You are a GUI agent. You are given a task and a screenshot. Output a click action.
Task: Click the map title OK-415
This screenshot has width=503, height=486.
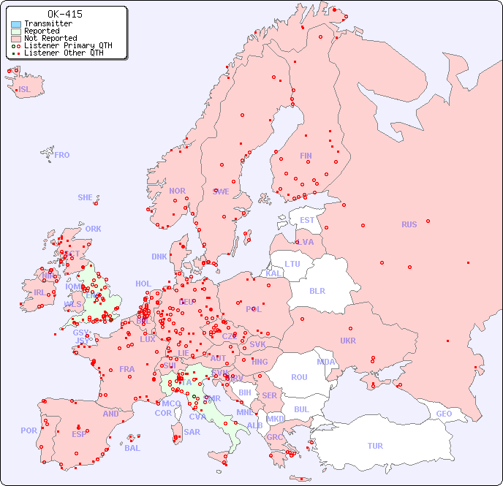[x=64, y=14]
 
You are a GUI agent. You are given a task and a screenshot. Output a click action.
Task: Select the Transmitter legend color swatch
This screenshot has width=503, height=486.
[x=16, y=24]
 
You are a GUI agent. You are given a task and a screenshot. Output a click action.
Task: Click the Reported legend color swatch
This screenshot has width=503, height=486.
[x=16, y=31]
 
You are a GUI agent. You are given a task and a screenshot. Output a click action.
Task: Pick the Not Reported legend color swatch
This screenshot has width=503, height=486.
[x=16, y=39]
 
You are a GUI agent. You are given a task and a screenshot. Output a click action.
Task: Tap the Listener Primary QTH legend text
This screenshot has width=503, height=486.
[x=68, y=45]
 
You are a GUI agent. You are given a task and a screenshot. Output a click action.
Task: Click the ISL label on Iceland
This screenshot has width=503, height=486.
[x=25, y=90]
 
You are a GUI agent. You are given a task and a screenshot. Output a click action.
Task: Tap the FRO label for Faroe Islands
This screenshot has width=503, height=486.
[x=62, y=155]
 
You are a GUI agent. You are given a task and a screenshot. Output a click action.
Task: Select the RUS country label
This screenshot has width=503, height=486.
[x=409, y=224]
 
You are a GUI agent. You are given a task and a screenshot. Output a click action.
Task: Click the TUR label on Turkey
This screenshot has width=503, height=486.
[x=375, y=446]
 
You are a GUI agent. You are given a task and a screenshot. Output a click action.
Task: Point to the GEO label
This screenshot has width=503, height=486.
[x=444, y=414]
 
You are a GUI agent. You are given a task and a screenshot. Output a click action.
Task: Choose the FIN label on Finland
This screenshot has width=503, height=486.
[x=306, y=156]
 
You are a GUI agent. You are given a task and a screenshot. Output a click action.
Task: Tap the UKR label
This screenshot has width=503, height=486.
[x=348, y=341]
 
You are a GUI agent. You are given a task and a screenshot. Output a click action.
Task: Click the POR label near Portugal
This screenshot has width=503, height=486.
[x=29, y=430]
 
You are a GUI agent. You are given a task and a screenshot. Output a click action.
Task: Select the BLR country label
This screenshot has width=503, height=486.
[x=317, y=290]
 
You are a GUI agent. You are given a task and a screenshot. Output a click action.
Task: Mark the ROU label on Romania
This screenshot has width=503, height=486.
[x=299, y=377]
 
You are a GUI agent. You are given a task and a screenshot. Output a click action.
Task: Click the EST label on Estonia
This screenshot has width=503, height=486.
[x=307, y=220]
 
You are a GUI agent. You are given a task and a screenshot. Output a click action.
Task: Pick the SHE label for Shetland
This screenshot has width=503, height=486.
[x=86, y=197]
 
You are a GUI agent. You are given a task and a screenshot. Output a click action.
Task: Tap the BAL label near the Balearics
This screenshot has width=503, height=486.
[x=132, y=448]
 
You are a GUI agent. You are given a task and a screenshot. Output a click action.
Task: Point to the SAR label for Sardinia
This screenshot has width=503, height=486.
[x=192, y=432]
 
